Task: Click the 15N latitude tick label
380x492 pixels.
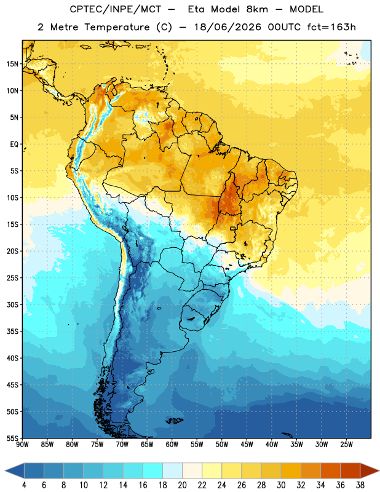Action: click(12, 64)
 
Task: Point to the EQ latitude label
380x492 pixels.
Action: click(14, 145)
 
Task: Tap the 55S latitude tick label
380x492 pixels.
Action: click(12, 438)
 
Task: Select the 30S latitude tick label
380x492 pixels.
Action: click(12, 304)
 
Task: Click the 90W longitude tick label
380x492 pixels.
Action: click(22, 445)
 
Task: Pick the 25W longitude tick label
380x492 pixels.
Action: click(346, 445)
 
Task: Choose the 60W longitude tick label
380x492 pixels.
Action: click(172, 445)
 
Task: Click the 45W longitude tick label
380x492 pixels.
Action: click(247, 445)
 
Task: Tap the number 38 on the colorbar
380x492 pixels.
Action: click(360, 485)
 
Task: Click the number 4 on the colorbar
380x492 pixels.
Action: click(24, 485)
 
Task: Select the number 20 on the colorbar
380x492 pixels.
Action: click(182, 485)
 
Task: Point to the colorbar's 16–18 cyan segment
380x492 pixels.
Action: click(153, 471)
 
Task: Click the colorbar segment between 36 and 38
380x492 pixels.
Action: click(350, 471)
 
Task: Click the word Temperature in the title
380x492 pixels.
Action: click(117, 27)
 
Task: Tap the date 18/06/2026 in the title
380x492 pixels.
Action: click(228, 27)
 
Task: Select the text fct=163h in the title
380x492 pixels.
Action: click(331, 27)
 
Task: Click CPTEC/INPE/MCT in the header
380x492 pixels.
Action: click(115, 9)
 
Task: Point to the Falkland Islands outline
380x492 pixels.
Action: click(174, 421)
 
